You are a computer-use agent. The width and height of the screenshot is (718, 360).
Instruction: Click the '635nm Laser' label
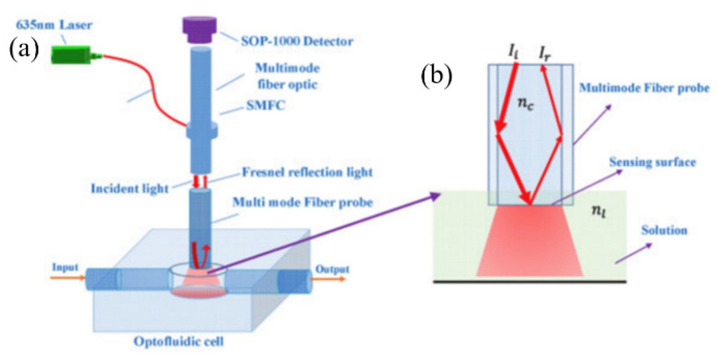54,25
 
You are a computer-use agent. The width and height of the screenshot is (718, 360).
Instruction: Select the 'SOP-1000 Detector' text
297,41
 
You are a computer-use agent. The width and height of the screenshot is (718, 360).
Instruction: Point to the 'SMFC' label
266,105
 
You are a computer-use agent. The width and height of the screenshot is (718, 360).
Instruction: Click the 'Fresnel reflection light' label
307,172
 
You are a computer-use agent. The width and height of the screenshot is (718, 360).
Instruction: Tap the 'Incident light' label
130,189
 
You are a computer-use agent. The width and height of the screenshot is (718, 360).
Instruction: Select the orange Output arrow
328,279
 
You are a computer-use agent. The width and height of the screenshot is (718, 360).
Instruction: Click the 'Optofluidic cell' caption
179,341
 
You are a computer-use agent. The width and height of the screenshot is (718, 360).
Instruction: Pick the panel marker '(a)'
24,50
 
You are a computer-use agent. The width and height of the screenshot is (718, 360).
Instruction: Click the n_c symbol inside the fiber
525,104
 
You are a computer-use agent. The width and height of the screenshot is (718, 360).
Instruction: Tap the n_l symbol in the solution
598,211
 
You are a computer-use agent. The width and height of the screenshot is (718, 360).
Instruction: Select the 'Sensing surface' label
652,162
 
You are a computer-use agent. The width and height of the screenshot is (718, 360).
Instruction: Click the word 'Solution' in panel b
664,230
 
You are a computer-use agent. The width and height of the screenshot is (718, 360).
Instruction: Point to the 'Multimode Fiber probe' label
644,88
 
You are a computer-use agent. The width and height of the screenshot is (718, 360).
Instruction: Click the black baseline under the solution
530,281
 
